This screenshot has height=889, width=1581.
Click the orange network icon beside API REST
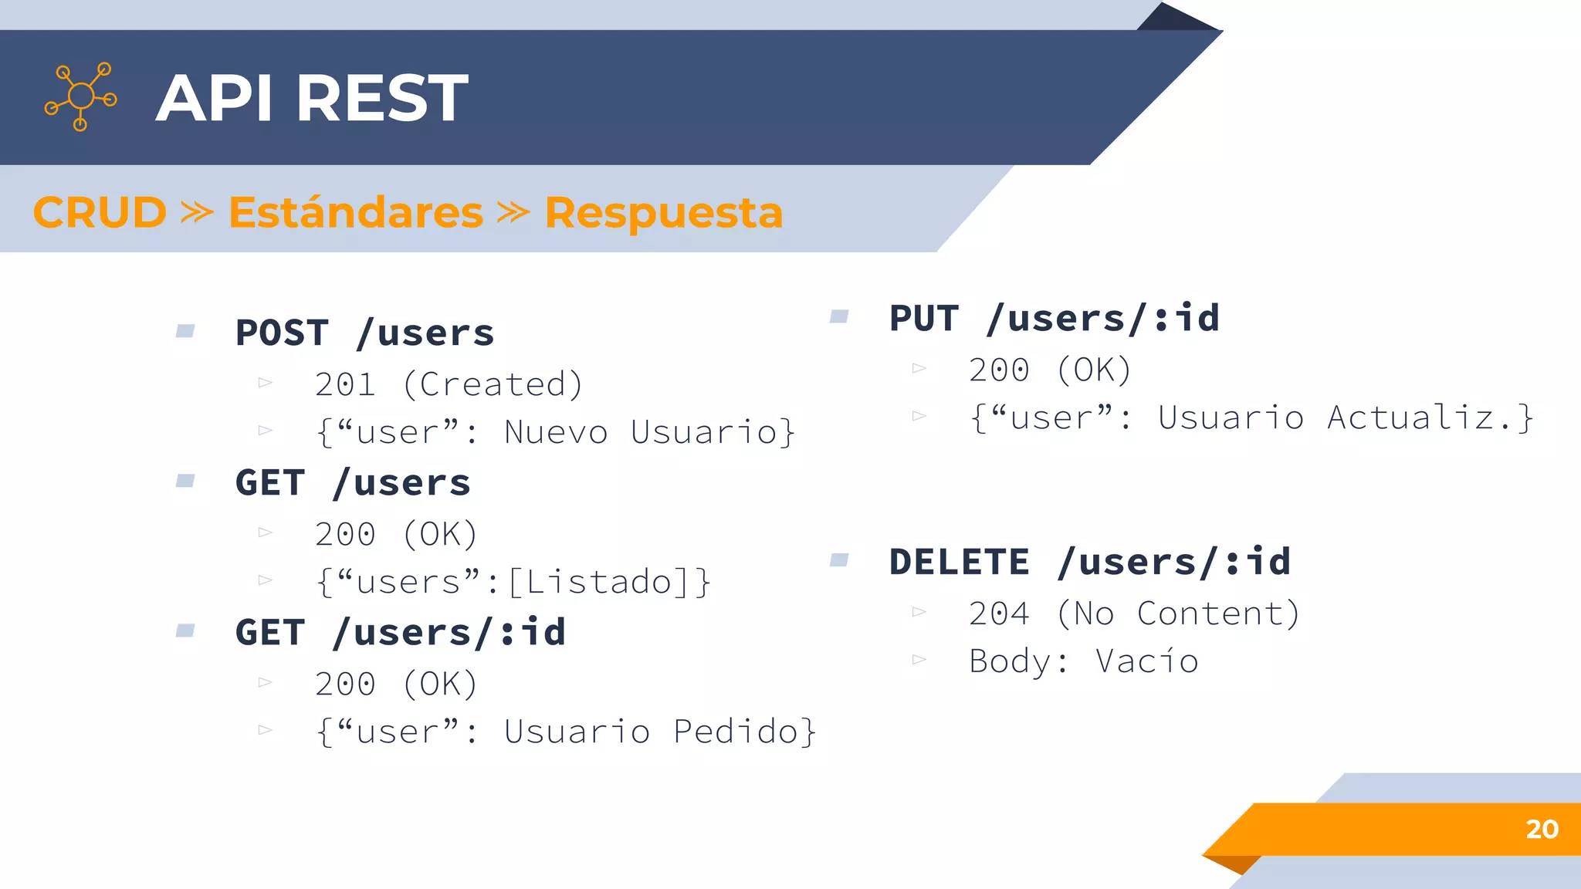click(80, 96)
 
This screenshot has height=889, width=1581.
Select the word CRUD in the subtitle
click(100, 212)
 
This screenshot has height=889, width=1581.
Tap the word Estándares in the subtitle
click(356, 212)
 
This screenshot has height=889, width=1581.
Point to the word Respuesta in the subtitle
click(664, 212)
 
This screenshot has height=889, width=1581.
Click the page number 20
click(1542, 829)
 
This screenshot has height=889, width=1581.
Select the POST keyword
click(282, 333)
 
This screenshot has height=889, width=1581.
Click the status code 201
click(345, 384)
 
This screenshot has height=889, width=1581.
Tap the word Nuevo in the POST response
click(556, 432)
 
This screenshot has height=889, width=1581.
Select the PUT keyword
click(924, 319)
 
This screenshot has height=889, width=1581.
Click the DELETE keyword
click(960, 562)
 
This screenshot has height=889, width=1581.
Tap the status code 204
click(999, 614)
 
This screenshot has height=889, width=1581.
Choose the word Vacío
click(1146, 661)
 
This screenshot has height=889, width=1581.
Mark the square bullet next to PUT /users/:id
click(839, 316)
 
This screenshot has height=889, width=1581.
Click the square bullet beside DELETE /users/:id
click(839, 559)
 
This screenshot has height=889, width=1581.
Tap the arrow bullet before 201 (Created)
click(266, 383)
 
